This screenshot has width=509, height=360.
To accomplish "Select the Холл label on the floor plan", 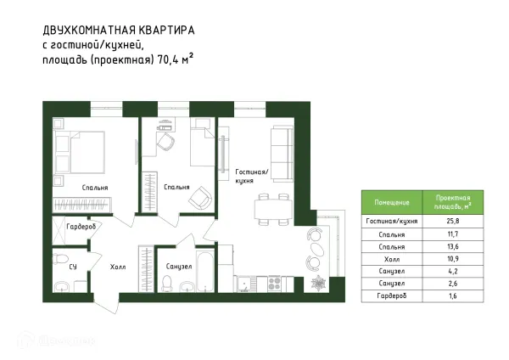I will coord(118,266).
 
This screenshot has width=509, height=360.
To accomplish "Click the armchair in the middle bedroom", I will coord(200,198).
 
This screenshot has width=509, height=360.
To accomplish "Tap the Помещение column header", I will coord(392,202).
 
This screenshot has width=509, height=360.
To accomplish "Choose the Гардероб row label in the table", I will coord(392,295).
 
